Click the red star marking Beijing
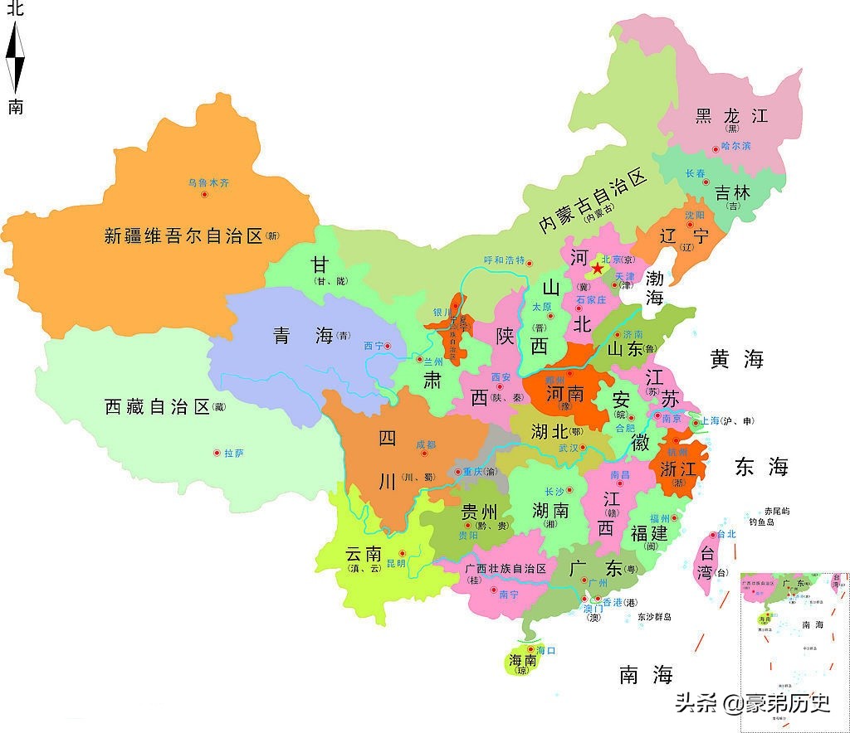(x=597, y=269)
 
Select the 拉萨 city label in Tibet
(x=233, y=453)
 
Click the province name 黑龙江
(x=731, y=116)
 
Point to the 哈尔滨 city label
(x=735, y=146)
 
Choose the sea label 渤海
(x=655, y=287)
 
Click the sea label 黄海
(x=735, y=359)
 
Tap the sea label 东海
(x=760, y=467)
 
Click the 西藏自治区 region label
(x=158, y=407)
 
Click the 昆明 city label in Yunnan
(x=396, y=564)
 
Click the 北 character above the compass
(x=16, y=10)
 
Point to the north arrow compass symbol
(x=16, y=58)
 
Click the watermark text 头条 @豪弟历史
(x=752, y=703)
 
